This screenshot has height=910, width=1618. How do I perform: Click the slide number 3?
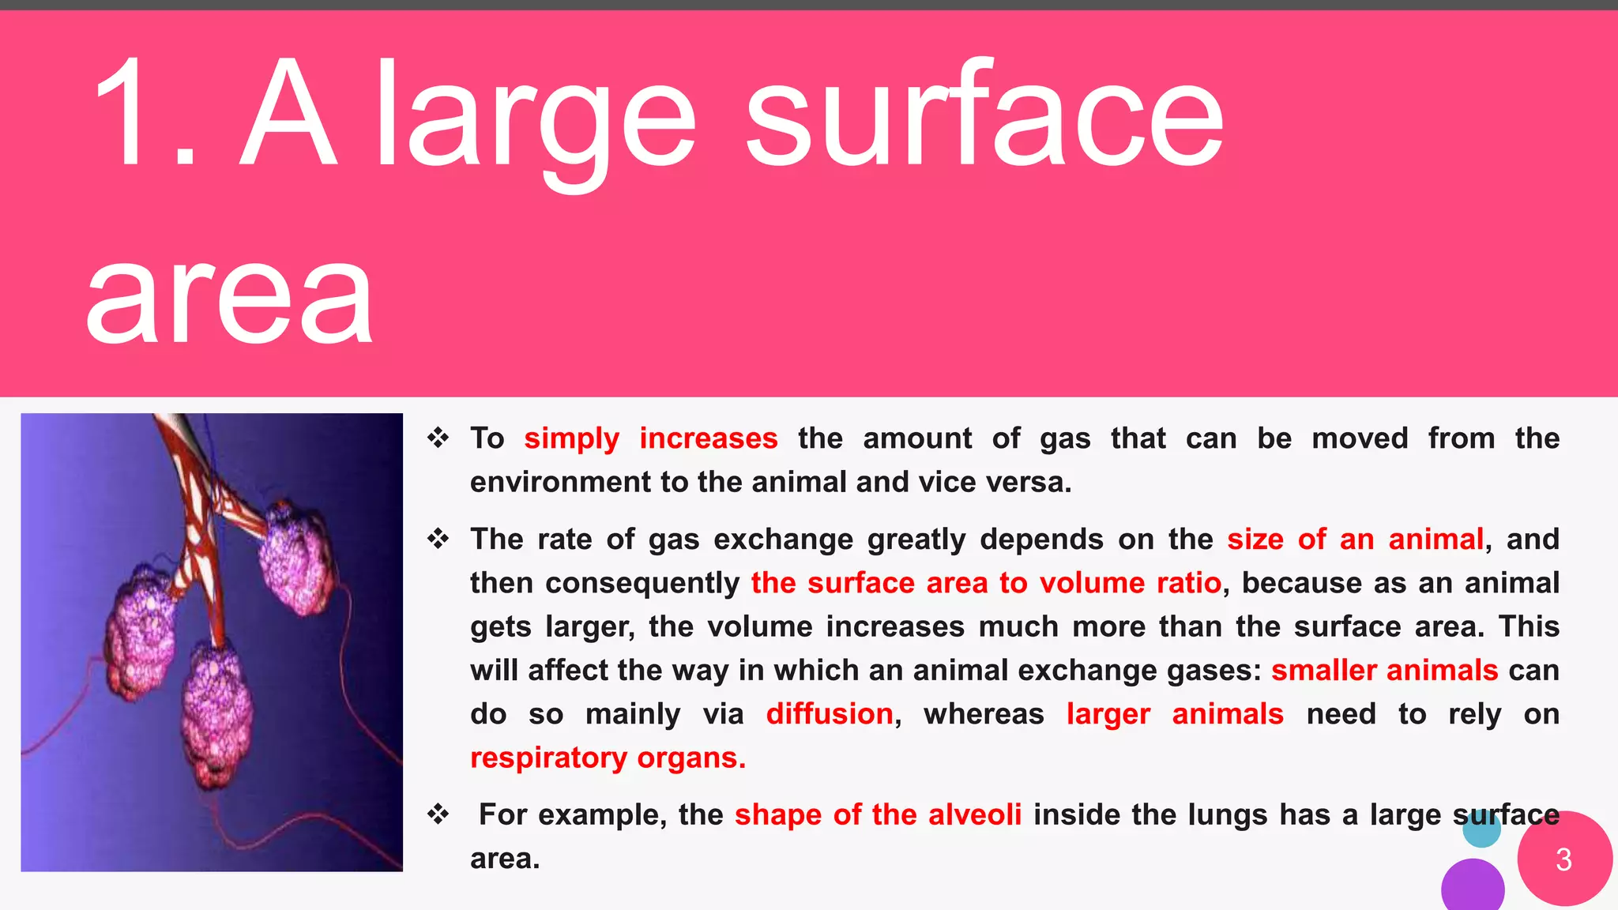pos(1563,859)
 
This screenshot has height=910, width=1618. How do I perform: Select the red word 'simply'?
pos(571,438)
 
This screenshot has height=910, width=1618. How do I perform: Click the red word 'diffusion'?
pos(830,714)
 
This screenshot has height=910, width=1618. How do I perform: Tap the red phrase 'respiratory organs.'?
pos(608,758)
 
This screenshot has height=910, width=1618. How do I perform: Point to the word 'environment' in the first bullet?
pos(559,482)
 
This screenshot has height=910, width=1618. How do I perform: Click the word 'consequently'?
pos(642,583)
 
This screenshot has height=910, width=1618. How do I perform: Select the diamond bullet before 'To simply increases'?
pos(438,438)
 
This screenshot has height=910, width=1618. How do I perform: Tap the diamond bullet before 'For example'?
pos(438,814)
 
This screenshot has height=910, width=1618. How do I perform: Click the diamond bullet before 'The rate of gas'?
pos(438,539)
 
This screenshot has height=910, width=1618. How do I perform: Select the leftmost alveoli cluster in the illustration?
pos(142,632)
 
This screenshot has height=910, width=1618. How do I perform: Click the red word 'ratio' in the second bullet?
pos(1189,583)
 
